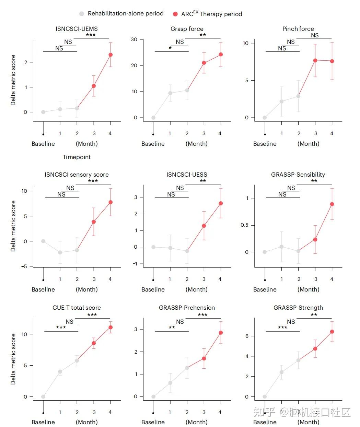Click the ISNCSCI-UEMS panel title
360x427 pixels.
(x=77, y=29)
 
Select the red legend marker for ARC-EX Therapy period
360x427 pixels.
(x=175, y=14)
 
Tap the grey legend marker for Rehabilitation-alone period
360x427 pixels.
(x=81, y=14)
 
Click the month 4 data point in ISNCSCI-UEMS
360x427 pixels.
(x=111, y=55)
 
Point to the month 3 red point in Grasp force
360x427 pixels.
(x=204, y=63)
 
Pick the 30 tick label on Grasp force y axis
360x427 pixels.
(x=134, y=39)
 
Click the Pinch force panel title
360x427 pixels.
(x=298, y=29)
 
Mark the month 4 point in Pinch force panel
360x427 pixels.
(x=332, y=61)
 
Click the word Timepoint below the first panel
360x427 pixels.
(x=77, y=157)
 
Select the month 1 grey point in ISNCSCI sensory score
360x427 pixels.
(x=60, y=252)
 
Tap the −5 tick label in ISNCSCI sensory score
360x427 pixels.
(x=24, y=266)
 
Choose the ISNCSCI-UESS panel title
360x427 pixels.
(x=187, y=175)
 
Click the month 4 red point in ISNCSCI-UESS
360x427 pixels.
(x=221, y=203)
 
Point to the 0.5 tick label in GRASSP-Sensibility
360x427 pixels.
(x=245, y=225)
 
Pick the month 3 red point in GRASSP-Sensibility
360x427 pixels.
(x=315, y=239)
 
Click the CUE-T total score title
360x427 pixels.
(x=77, y=308)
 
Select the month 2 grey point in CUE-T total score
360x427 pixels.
(x=77, y=360)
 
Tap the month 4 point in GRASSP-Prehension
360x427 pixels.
(x=221, y=333)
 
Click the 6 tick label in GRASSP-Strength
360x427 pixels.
(x=247, y=336)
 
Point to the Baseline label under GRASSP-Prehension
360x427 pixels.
(x=153, y=422)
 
